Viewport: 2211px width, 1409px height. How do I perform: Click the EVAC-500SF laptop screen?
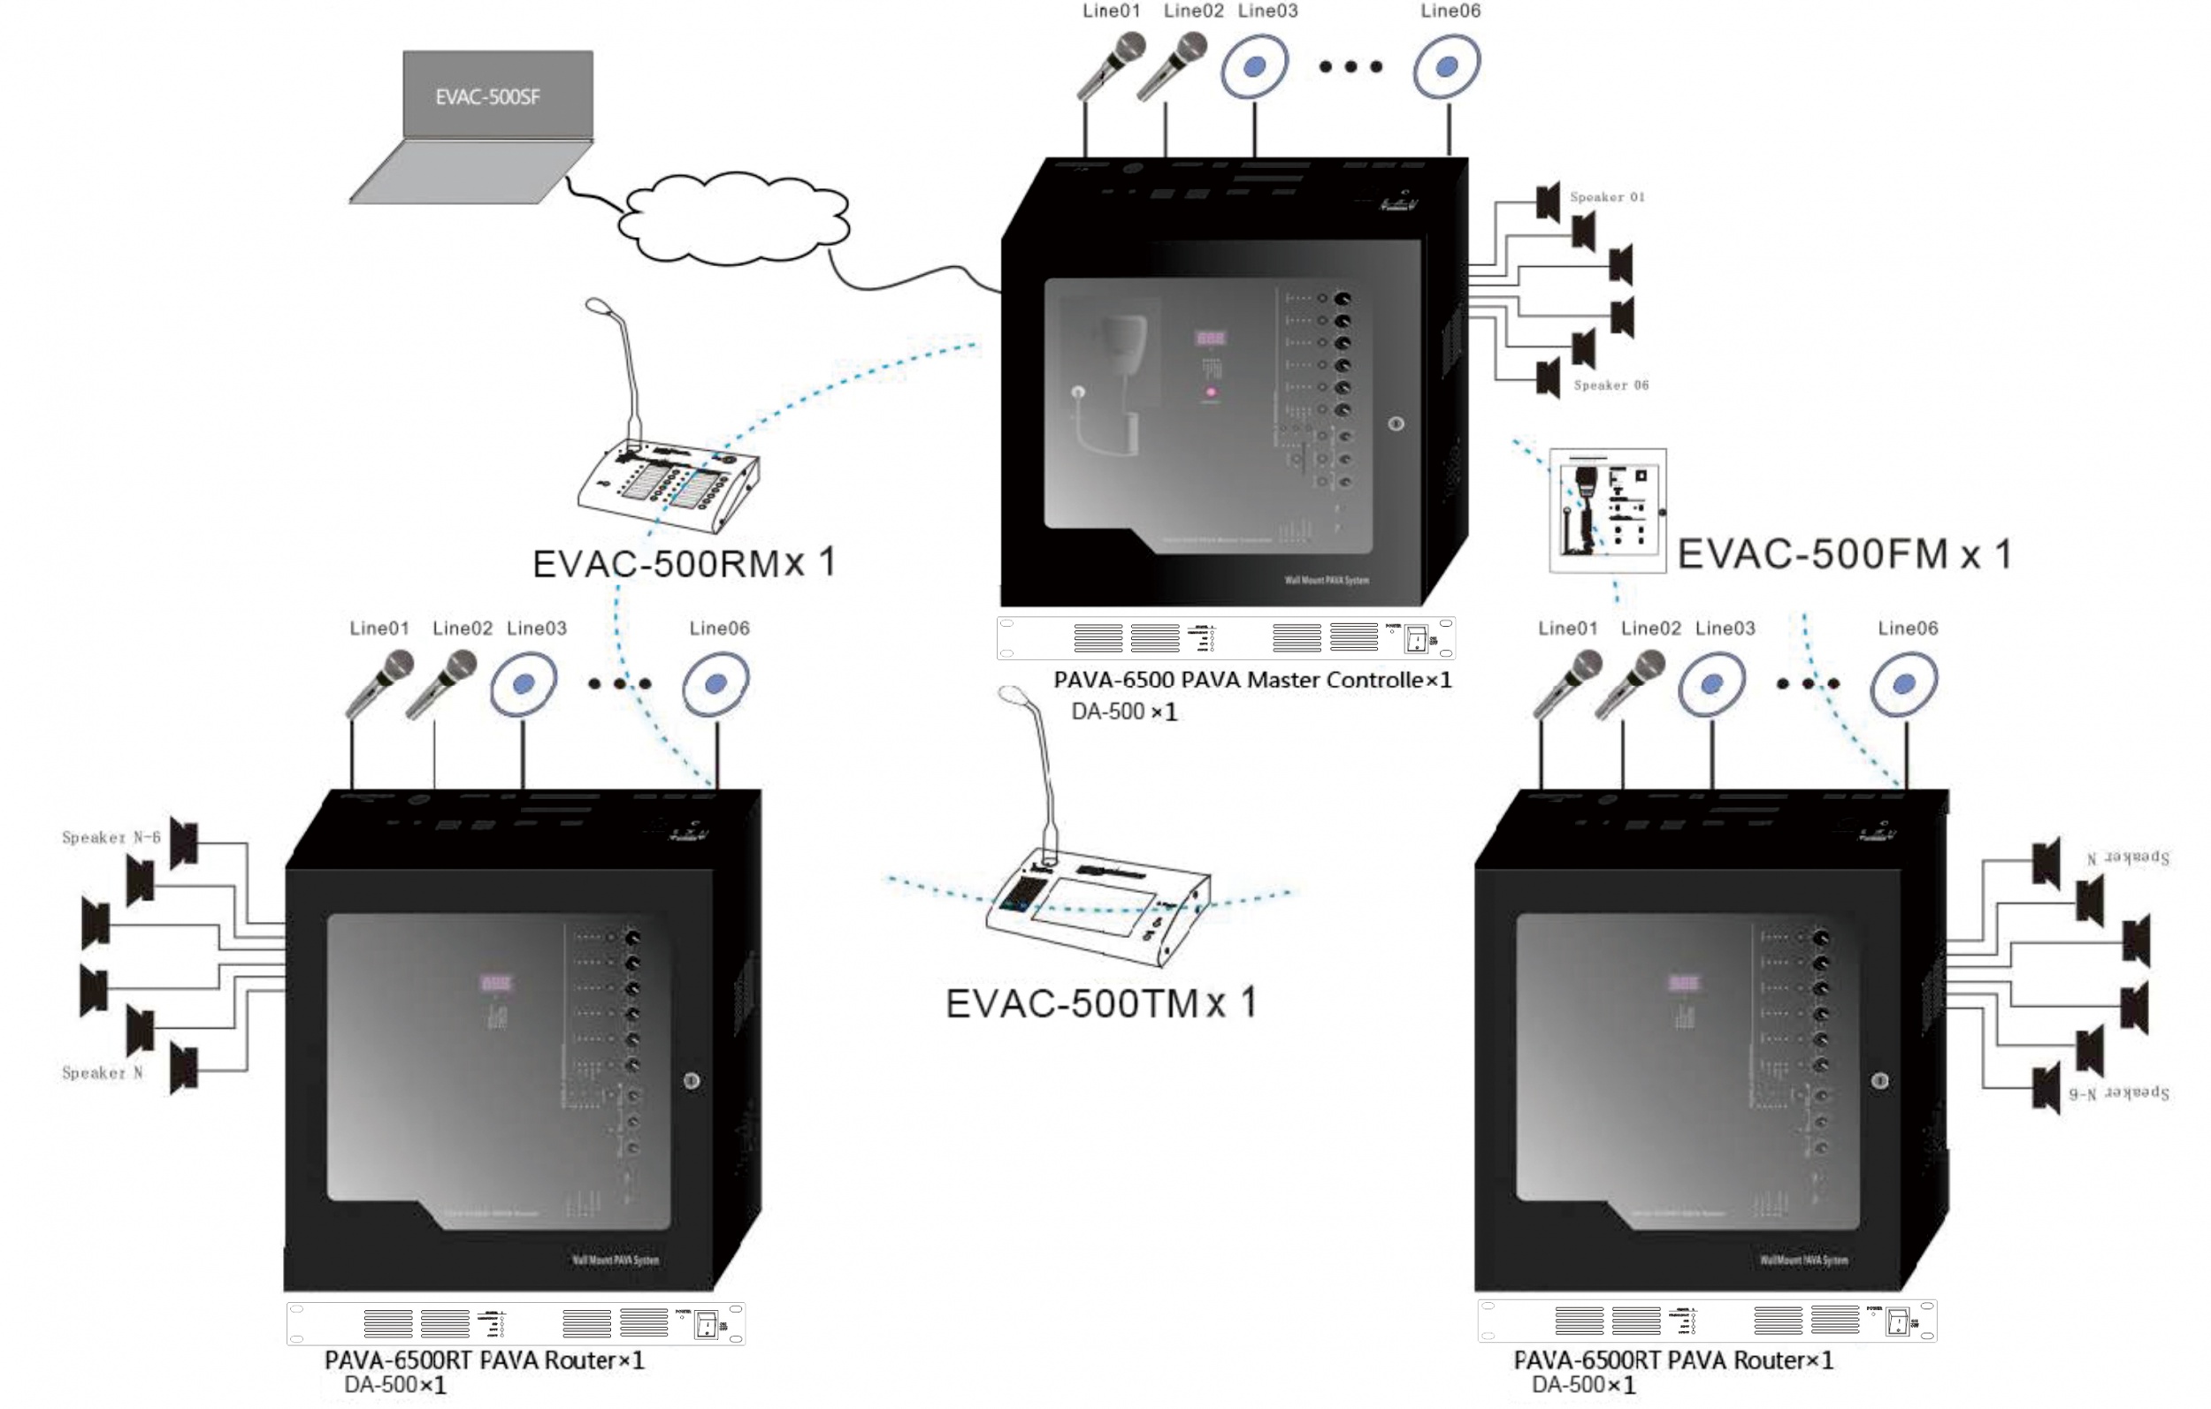click(x=498, y=95)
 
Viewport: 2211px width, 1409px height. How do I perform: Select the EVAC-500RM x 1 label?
click(x=684, y=563)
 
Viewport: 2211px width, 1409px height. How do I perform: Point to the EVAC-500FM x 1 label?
click(x=1844, y=554)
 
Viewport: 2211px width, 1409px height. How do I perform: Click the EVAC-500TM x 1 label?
click(x=1101, y=1003)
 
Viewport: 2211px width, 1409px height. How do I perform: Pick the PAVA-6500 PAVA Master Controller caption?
click(x=1251, y=680)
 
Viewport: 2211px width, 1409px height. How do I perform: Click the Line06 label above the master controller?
click(x=1450, y=11)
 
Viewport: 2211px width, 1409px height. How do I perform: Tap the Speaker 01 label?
click(x=1607, y=197)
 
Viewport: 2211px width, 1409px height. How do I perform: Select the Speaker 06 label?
click(x=1610, y=385)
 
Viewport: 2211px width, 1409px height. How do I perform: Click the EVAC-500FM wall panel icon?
click(x=1607, y=510)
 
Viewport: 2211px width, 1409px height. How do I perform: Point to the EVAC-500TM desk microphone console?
click(x=1098, y=909)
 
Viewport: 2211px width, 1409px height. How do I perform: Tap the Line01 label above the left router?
click(x=379, y=628)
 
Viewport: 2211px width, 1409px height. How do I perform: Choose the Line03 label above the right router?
click(x=1725, y=628)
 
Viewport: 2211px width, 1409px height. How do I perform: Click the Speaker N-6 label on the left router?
click(x=111, y=837)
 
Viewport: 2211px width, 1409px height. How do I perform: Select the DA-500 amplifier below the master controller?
click(x=1225, y=638)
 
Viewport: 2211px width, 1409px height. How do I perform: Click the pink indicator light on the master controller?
click(x=1210, y=392)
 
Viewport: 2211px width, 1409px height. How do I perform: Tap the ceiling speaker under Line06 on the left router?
click(x=716, y=684)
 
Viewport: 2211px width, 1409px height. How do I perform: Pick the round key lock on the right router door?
click(x=1879, y=1081)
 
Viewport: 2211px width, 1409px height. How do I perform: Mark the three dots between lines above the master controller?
click(x=1350, y=66)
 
